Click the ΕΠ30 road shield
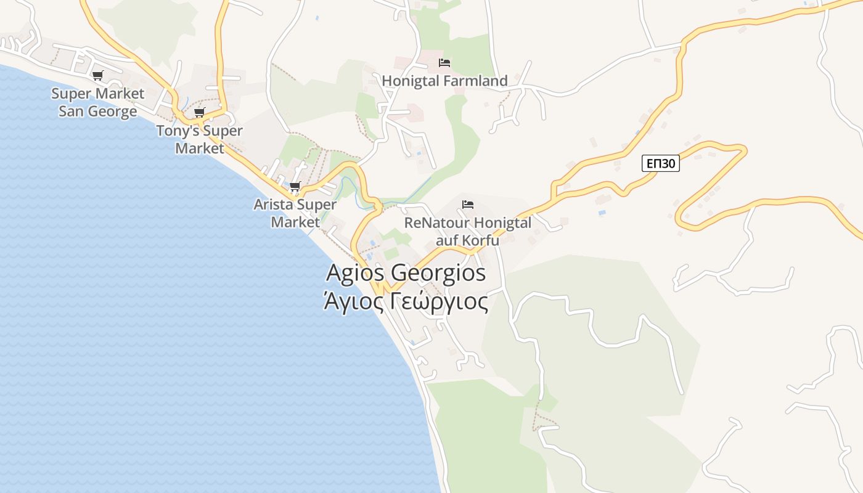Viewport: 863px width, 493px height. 660,163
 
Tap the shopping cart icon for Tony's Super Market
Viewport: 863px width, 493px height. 199,113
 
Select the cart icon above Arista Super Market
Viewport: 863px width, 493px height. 295,187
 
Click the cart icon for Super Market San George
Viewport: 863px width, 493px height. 97,76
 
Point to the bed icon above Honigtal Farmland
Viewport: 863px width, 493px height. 444,63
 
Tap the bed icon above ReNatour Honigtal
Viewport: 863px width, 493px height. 468,205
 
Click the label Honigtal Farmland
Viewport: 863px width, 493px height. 444,81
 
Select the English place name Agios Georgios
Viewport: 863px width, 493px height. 406,272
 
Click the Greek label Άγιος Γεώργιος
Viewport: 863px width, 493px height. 406,302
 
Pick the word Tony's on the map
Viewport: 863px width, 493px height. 178,131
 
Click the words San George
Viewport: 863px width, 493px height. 97,112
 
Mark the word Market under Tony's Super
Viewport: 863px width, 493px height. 199,149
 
